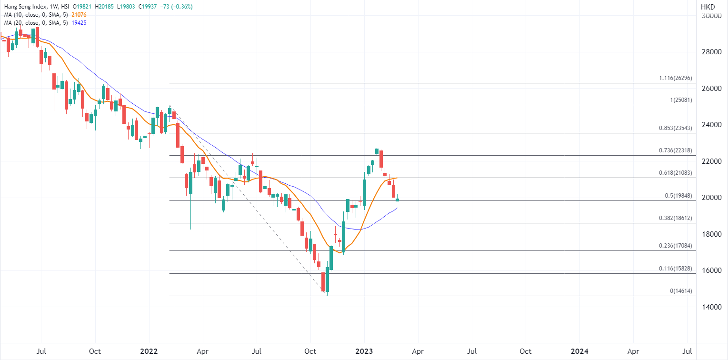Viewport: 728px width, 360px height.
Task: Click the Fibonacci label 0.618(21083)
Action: point(675,173)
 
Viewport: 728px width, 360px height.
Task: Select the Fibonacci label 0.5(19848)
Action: point(678,196)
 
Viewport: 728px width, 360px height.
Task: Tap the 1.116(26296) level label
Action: point(675,78)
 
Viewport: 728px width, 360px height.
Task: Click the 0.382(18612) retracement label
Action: point(675,218)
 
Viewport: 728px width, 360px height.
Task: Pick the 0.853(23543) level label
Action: point(675,128)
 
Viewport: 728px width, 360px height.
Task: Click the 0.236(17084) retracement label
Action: point(675,246)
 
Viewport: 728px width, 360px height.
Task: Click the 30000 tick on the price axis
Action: point(711,16)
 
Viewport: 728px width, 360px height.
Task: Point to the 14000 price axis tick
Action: point(711,307)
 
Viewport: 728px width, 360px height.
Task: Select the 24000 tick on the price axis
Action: point(711,125)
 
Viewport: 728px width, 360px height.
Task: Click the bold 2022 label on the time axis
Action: point(149,351)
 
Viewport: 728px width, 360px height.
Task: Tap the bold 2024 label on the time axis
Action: point(579,351)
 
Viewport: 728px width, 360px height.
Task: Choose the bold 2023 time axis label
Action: point(364,351)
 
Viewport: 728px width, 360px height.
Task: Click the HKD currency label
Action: point(708,7)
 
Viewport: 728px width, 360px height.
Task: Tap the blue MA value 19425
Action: point(78,23)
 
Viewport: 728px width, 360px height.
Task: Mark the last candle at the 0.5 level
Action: point(398,200)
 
